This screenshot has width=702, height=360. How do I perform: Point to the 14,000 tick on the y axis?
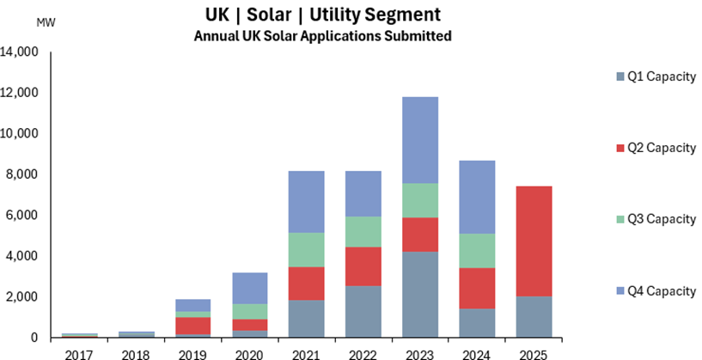click(x=21, y=52)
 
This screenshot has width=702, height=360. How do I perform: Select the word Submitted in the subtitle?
click(x=420, y=36)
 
